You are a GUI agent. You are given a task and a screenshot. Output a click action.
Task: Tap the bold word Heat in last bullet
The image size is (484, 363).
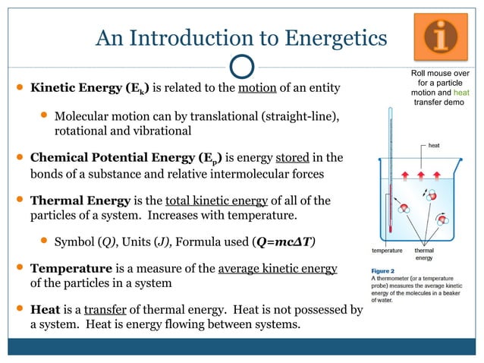(45, 310)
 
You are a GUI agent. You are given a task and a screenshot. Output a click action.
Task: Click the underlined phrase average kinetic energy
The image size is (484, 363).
(277, 269)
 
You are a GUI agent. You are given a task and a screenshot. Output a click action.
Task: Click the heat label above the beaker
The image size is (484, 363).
(434, 145)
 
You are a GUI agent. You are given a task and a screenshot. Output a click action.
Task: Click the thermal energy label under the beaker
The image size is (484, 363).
(424, 254)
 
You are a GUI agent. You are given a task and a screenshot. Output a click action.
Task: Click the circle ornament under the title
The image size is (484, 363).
(241, 65)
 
